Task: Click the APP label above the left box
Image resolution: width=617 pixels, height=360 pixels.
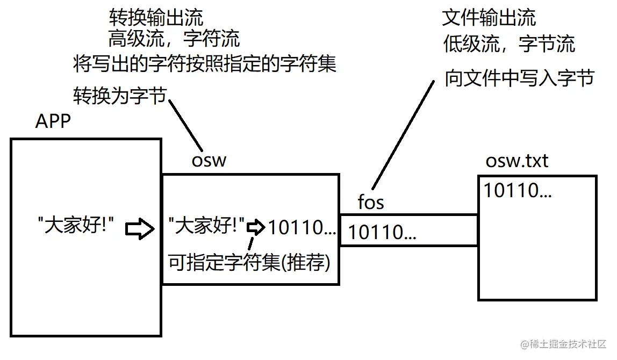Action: click(53, 121)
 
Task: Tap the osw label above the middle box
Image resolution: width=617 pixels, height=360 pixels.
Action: click(209, 160)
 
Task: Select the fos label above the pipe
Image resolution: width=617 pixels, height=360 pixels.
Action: click(371, 203)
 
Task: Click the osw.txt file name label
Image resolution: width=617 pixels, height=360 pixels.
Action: click(516, 161)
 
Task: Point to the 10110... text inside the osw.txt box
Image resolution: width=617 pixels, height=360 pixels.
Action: click(517, 191)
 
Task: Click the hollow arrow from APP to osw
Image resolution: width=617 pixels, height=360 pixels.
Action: click(140, 228)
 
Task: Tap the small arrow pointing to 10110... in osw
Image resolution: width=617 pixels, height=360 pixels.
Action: click(256, 228)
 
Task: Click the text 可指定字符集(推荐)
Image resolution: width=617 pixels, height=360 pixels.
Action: click(249, 263)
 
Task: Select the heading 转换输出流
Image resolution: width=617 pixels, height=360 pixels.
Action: click(156, 18)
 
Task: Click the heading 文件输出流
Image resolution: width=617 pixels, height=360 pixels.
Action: click(489, 18)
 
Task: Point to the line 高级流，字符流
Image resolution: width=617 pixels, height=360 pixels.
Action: click(174, 39)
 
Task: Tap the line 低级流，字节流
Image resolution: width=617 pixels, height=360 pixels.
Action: click(508, 44)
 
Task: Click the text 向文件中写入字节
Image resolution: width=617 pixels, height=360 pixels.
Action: click(519, 78)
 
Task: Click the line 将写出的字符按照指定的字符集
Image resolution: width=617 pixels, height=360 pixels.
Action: click(204, 64)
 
